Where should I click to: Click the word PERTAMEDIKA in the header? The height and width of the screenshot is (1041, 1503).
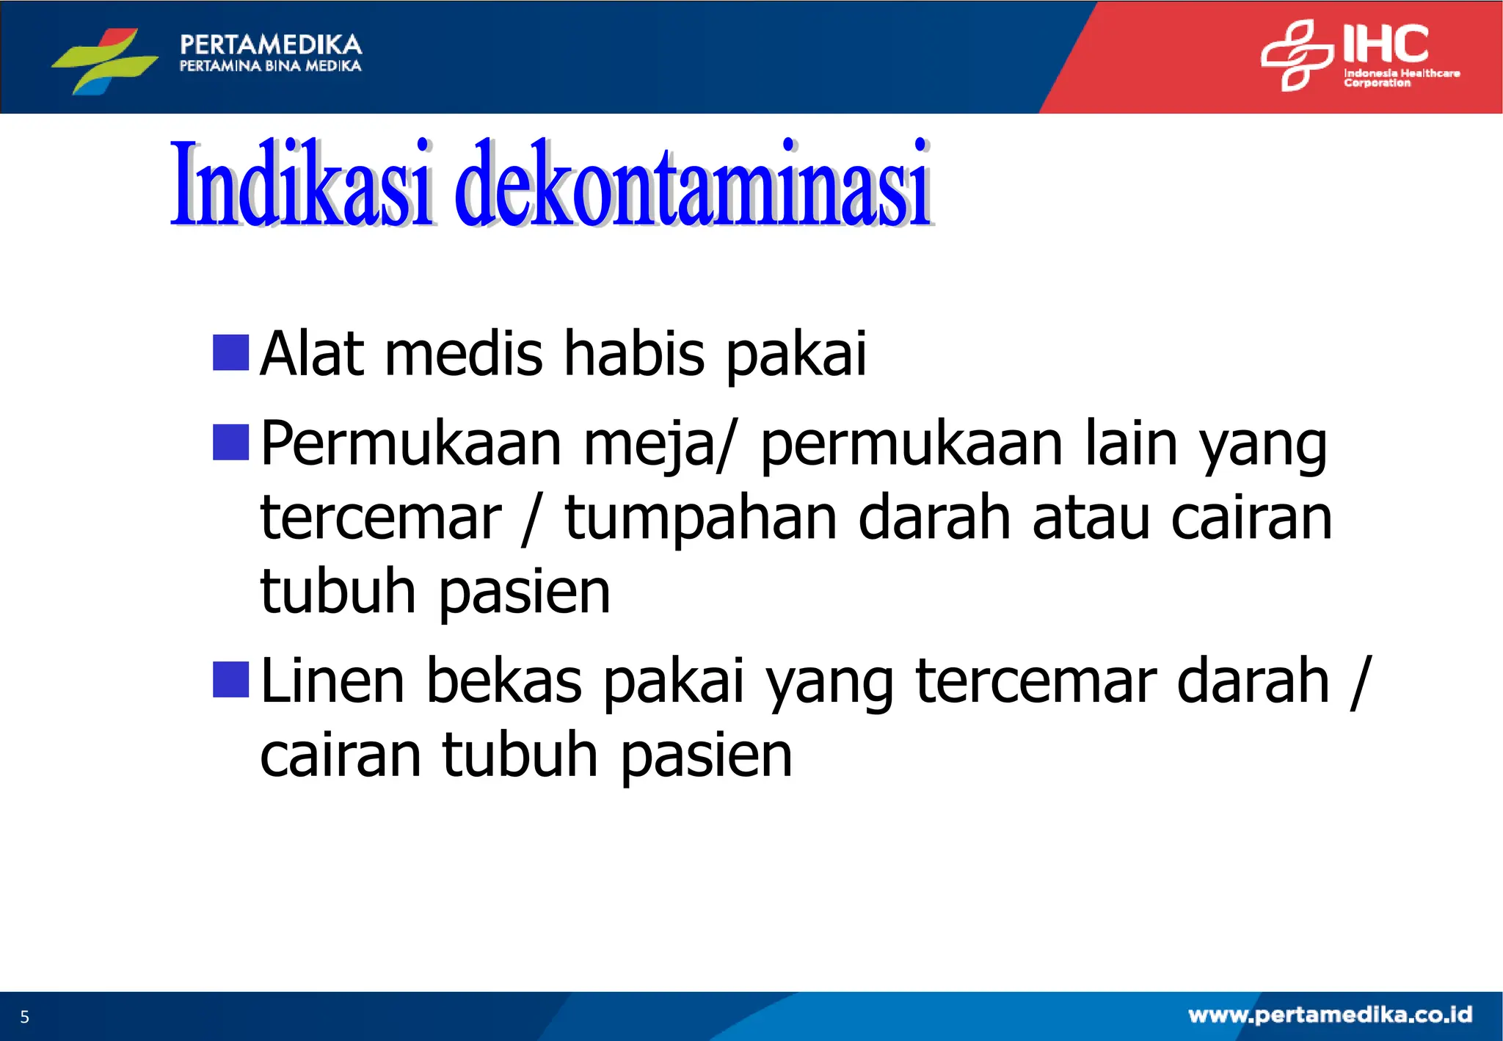click(271, 45)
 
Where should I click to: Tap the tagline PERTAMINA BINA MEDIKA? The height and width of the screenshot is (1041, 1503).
click(270, 66)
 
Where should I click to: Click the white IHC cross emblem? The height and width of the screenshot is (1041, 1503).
click(1296, 56)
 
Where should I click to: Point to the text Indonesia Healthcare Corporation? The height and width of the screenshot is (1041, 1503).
click(1400, 78)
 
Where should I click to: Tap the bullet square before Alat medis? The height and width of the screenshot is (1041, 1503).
click(230, 352)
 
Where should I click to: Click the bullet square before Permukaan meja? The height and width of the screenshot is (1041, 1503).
click(230, 442)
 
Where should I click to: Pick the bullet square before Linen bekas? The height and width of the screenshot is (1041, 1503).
click(230, 679)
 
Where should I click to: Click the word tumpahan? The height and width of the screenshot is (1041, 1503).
click(700, 518)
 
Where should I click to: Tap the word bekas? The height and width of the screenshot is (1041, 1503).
click(504, 681)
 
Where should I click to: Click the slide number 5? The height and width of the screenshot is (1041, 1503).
click(24, 1017)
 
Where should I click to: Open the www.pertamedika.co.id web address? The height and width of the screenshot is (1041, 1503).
click(1330, 1015)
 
